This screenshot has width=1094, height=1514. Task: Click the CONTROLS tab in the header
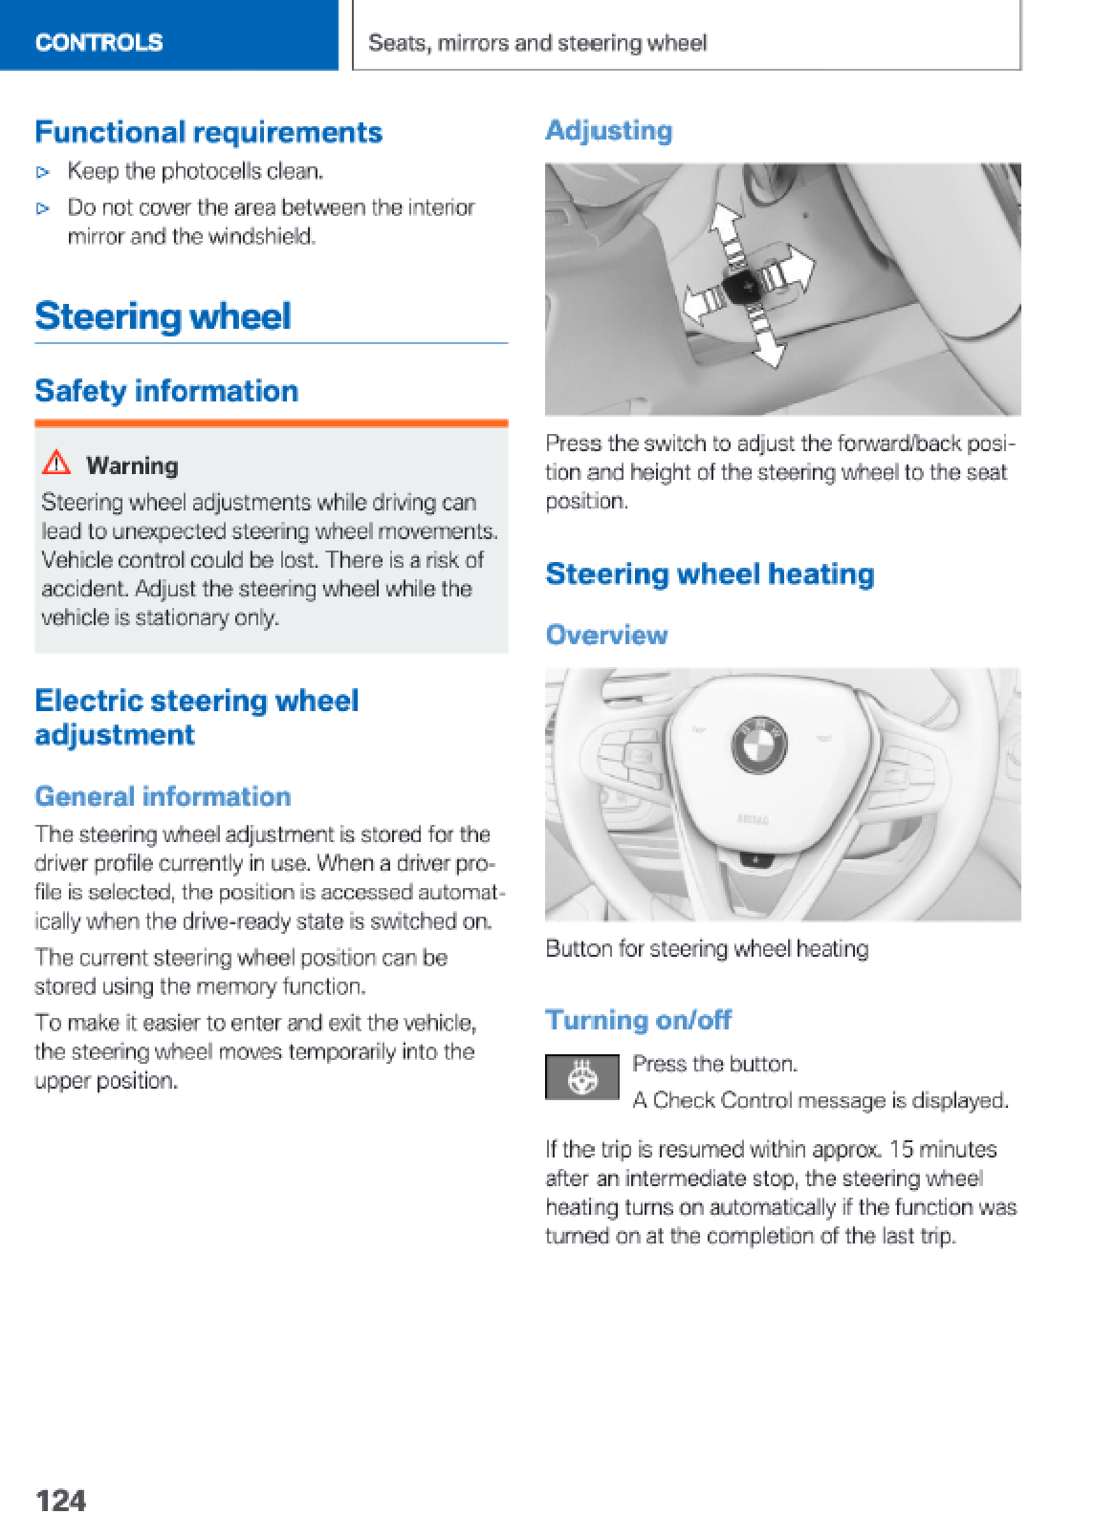tap(99, 42)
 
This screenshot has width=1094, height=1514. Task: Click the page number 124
tap(60, 1499)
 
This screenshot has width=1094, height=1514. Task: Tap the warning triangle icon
tap(57, 465)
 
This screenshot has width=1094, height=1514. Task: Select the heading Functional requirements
tap(208, 132)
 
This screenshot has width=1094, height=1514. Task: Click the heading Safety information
tap(166, 391)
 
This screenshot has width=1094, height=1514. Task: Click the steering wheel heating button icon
tap(582, 1077)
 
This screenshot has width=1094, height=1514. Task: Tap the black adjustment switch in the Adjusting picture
tap(741, 284)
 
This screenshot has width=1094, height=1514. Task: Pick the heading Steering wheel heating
tap(710, 573)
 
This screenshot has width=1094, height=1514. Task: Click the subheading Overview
tap(606, 635)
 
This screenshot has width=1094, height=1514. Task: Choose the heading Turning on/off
tap(638, 1020)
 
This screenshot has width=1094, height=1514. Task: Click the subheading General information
tap(163, 796)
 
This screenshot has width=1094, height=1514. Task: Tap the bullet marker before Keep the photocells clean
tap(42, 173)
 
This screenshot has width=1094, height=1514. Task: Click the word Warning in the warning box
tap(132, 465)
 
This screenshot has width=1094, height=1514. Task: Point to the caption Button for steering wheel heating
tap(707, 949)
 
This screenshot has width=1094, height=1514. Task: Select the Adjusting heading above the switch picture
tap(608, 130)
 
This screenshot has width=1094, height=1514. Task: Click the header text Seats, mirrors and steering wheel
tap(537, 43)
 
